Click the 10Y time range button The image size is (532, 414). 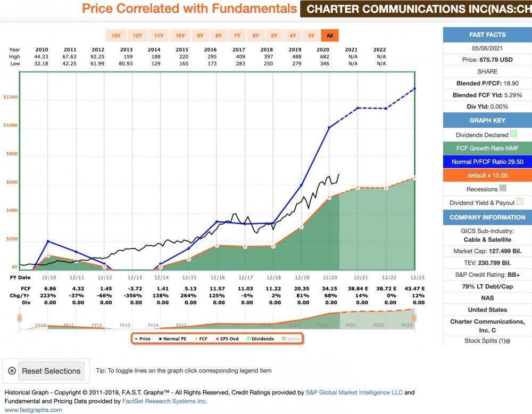point(180,36)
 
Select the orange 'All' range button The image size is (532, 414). point(330,36)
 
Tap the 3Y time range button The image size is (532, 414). point(311,36)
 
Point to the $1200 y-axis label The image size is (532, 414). point(10,97)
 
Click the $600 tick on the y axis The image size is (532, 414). point(10,183)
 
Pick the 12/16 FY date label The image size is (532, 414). point(217,278)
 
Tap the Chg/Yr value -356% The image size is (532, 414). point(135,295)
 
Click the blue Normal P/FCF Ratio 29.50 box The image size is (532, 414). point(487,161)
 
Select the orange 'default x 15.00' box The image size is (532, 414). point(487,175)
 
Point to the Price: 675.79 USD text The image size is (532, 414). point(487,60)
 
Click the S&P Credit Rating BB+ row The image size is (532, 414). point(487,275)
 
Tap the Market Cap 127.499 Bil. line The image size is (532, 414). point(487,251)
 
